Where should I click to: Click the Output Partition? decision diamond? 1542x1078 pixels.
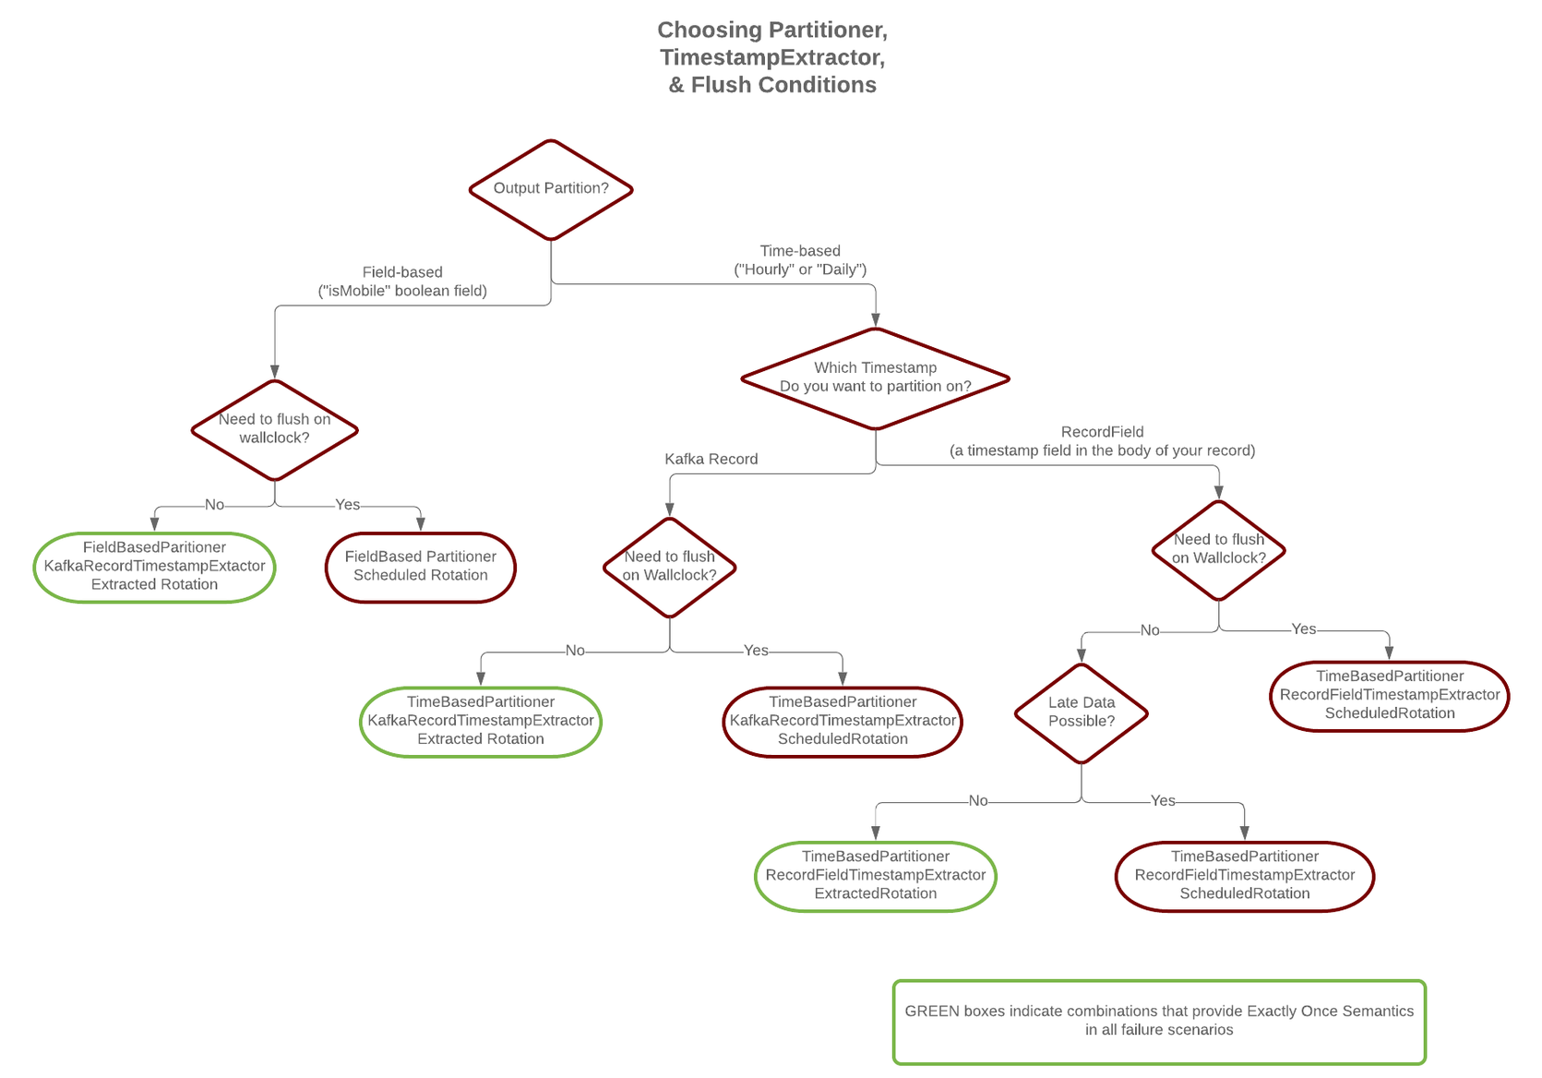point(551,189)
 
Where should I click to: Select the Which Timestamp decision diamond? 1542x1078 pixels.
point(875,378)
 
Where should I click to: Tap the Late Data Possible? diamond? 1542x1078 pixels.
point(1081,713)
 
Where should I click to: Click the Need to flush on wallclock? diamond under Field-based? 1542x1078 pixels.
point(274,429)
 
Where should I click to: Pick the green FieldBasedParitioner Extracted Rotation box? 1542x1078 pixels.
point(154,567)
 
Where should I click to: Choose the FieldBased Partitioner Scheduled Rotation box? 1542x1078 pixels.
point(420,567)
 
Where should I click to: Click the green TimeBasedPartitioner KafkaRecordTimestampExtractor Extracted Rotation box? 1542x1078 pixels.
point(480,721)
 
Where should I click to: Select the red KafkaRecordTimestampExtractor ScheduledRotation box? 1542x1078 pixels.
point(842,721)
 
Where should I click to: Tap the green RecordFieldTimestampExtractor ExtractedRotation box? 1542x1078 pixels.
point(875,876)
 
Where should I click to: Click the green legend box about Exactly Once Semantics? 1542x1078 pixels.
point(1158,1021)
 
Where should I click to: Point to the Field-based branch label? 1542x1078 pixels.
point(402,281)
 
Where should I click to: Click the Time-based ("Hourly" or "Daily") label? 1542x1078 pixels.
point(800,260)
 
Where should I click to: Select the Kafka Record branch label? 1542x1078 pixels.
point(711,459)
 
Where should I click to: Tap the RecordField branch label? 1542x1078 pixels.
point(1102,441)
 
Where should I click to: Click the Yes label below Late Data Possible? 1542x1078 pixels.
point(1163,800)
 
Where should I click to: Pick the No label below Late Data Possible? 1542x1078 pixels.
point(978,800)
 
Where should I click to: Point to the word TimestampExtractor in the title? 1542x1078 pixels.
point(771,57)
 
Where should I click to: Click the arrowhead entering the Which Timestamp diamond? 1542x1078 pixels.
point(875,320)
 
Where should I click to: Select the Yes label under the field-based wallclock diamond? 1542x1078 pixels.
point(347,505)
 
